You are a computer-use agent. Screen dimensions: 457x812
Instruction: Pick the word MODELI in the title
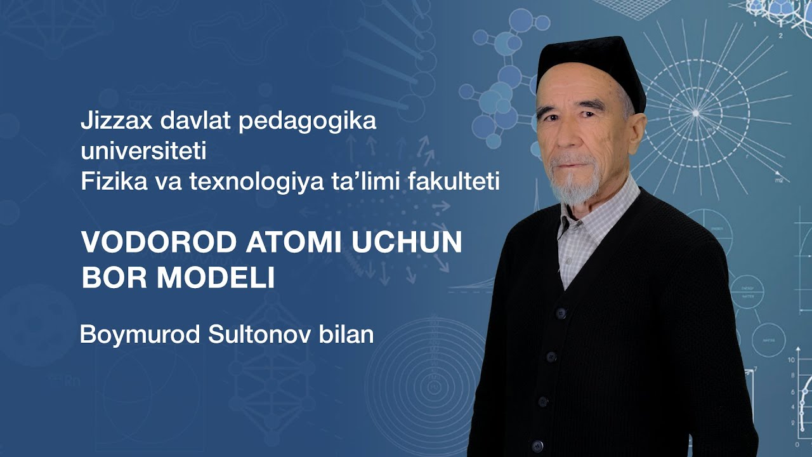[x=216, y=277]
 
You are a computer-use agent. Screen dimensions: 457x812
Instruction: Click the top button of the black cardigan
[x=560, y=313]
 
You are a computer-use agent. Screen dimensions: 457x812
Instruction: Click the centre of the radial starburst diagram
[x=696, y=113]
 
